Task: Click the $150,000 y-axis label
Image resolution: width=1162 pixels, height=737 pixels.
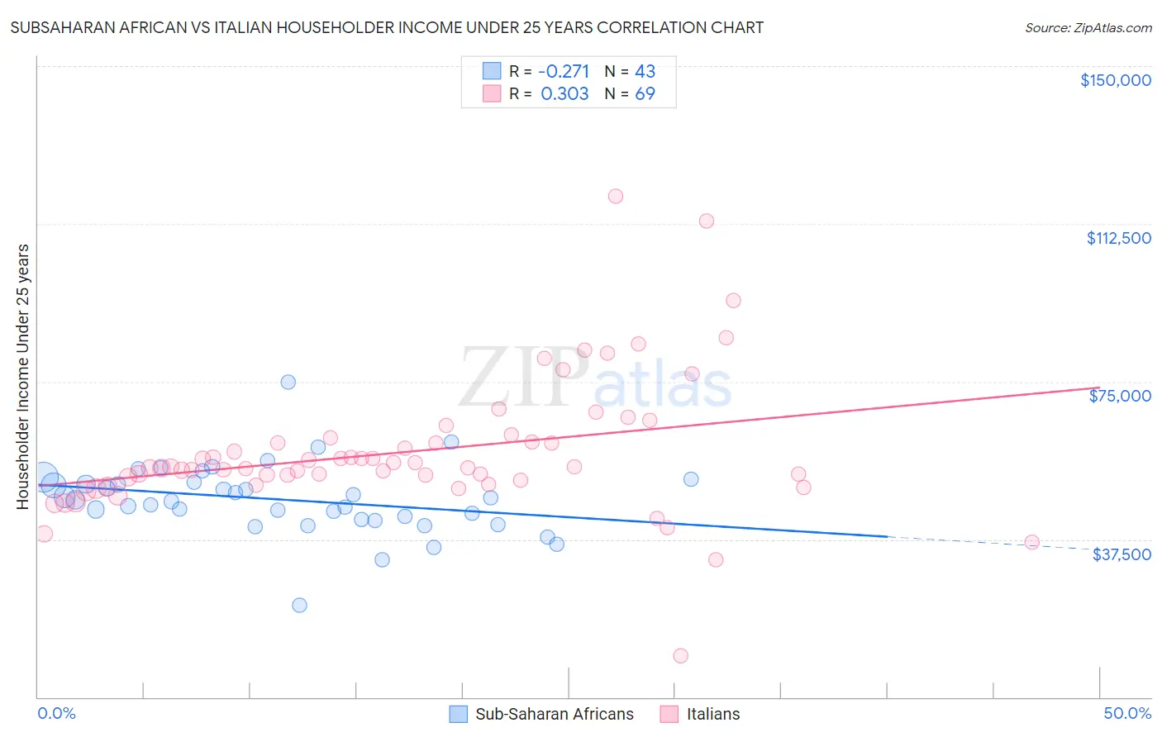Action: (1115, 80)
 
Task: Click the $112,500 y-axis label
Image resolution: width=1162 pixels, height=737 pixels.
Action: (1118, 238)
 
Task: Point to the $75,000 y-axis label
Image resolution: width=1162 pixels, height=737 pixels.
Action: (1120, 396)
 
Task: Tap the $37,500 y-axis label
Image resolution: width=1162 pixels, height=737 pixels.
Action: (1121, 554)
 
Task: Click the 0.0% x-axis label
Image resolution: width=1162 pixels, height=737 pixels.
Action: (56, 713)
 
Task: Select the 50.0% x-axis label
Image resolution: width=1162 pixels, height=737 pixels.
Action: (1126, 713)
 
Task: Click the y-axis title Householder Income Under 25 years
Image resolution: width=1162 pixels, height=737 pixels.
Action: (22, 376)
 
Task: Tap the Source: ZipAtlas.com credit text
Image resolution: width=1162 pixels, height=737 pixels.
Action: (1088, 28)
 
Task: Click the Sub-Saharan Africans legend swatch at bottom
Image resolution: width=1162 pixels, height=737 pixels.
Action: (459, 714)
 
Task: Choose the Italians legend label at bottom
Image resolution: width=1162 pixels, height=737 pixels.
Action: (713, 714)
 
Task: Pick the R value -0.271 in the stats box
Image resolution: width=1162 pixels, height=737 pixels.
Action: (564, 71)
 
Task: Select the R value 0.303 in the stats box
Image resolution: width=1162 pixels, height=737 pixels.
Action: (564, 94)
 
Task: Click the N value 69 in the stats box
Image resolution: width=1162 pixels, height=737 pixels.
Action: (645, 94)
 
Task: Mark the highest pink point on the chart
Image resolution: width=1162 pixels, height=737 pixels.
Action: (615, 197)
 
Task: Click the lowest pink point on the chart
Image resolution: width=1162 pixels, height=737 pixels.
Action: (680, 656)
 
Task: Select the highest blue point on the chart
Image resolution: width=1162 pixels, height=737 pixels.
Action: (288, 382)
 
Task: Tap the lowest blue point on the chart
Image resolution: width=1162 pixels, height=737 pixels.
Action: (299, 606)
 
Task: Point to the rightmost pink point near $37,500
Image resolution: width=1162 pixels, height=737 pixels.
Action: (1031, 542)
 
